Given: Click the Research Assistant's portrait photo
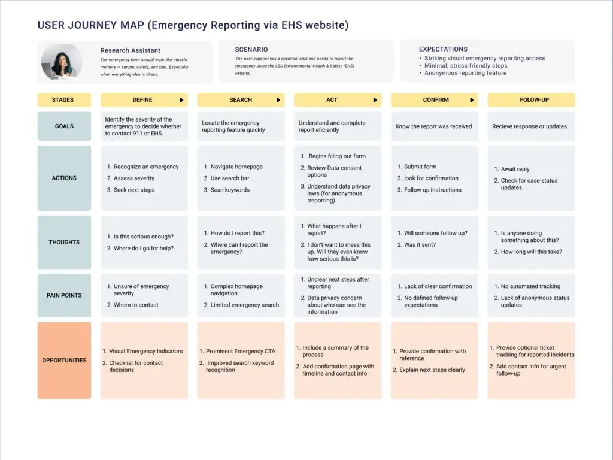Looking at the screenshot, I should pyautogui.click(x=62, y=62).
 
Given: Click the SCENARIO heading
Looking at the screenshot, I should pyautogui.click(x=251, y=49).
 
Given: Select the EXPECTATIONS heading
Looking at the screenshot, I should pyautogui.click(x=443, y=49).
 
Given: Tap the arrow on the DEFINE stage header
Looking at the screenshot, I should pyautogui.click(x=181, y=100).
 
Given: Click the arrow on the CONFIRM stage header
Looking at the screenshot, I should pyautogui.click(x=472, y=100).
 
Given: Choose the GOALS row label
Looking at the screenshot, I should pyautogui.click(x=64, y=126).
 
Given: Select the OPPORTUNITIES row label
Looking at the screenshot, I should pyautogui.click(x=64, y=361).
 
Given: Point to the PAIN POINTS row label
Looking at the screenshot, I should pyautogui.click(x=64, y=295).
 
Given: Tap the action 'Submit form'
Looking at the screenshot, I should pyautogui.click(x=420, y=167).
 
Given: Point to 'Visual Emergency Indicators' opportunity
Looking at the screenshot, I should pyautogui.click(x=145, y=352).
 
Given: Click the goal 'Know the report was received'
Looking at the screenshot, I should pyautogui.click(x=433, y=126).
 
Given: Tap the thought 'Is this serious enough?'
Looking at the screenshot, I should pyautogui.click(x=143, y=237).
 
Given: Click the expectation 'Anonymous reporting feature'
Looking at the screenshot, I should pyautogui.click(x=465, y=73).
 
